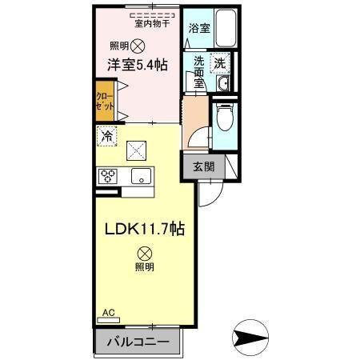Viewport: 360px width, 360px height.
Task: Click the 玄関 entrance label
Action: (203, 167)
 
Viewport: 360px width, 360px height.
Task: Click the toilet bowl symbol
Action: (226, 118)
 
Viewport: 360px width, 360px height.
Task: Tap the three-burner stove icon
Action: (109, 177)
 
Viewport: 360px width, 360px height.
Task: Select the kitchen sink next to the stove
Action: (142, 177)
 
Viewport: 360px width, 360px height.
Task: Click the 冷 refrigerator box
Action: (106, 137)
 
